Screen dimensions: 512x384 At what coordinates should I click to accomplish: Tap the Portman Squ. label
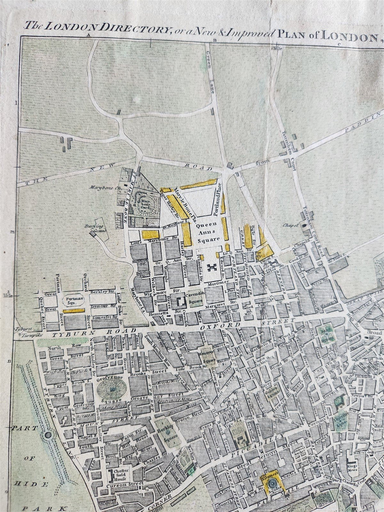(x=72, y=300)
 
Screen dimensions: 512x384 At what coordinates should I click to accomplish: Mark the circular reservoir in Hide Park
(x=48, y=435)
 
